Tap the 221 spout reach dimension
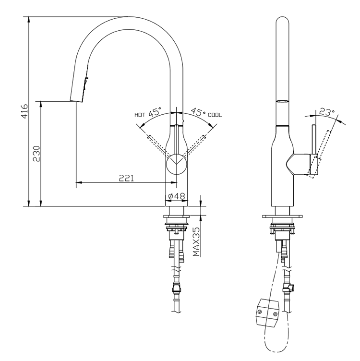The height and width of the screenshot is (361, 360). coord(126,178)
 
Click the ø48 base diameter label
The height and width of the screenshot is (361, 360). coord(177,196)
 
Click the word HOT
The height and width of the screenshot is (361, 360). coord(140,115)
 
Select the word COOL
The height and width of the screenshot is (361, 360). coord(215,115)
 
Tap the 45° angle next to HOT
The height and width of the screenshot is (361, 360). coord(155,113)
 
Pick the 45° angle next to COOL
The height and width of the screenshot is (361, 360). coord(198,113)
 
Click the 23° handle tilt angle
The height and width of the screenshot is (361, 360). coord(326,113)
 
